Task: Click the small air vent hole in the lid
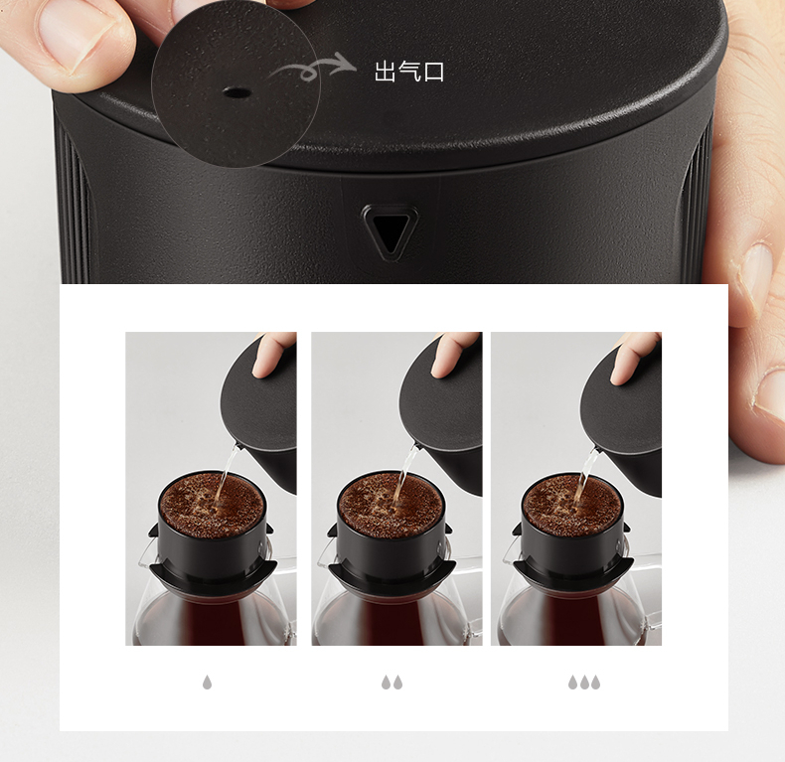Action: coord(236,93)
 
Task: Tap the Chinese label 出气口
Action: coord(409,72)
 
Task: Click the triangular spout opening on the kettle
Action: coord(390,232)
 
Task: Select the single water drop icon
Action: coord(207,682)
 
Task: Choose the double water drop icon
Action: coord(392,682)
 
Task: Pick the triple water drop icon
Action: coord(583,682)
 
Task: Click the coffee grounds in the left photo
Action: coord(213,505)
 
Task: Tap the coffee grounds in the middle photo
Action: coord(391,505)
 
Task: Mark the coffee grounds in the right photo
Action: coord(571,505)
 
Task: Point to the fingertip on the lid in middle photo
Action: coord(452,355)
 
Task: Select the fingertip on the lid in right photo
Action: coord(633,358)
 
